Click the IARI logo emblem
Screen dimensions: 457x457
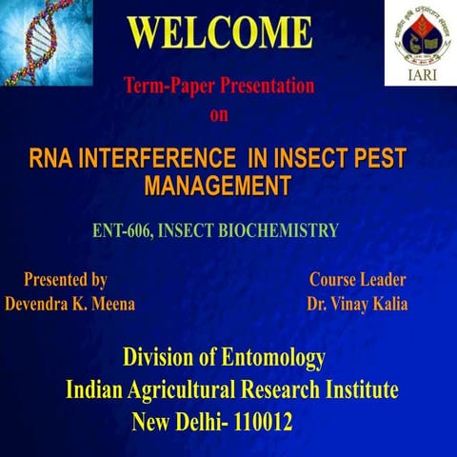(x=420, y=34)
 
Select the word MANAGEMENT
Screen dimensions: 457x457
(x=216, y=186)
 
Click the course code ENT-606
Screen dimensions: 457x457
(x=126, y=230)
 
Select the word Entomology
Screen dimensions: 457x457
(x=270, y=360)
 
